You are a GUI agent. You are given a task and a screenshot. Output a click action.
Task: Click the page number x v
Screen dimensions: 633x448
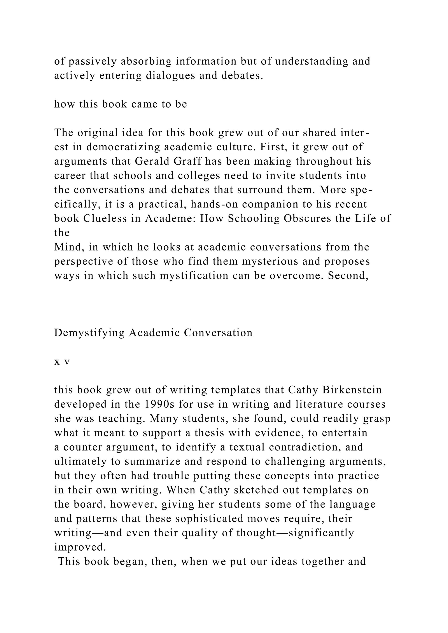[x=62, y=362]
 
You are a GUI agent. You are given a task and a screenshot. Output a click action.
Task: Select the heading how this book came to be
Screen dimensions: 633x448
[x=121, y=104]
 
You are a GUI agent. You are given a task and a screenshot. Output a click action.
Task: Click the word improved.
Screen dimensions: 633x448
[x=80, y=547]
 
